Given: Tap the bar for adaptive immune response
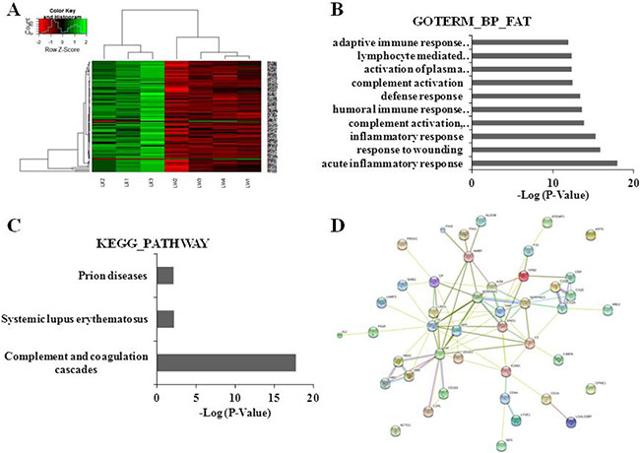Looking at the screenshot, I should tap(520, 41).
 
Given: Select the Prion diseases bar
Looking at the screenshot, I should tap(165, 275).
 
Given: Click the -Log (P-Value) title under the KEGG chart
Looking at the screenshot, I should tap(234, 412).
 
